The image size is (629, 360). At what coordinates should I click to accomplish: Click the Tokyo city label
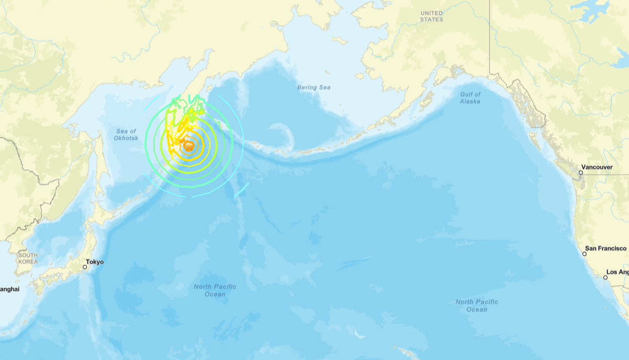[x=95, y=262]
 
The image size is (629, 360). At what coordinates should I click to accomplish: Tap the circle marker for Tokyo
[x=85, y=267]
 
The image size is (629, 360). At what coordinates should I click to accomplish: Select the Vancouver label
[x=597, y=167]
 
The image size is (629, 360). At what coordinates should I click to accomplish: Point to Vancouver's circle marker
[x=581, y=172]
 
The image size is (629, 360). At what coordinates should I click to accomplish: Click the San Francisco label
[x=605, y=248]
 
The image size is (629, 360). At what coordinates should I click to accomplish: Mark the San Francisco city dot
[x=584, y=254]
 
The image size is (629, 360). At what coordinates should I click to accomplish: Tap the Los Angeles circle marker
[x=605, y=277]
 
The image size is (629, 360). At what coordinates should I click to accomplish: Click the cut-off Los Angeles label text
[x=618, y=272]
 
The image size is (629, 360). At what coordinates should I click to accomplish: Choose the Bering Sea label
[x=314, y=88]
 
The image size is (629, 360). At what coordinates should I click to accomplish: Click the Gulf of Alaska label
[x=470, y=98]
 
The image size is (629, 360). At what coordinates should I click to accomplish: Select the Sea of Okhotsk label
[x=125, y=135]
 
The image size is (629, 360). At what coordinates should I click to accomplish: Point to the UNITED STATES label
[x=432, y=16]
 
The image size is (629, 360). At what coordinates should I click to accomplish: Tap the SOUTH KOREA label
[x=28, y=258]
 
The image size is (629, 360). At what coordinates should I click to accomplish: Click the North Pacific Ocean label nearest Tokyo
[x=215, y=290]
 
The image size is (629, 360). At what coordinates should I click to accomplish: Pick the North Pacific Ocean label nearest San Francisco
[x=477, y=306]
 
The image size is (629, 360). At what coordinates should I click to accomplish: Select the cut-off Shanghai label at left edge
[x=9, y=289]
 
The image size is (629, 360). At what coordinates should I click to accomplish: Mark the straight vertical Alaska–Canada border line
[x=490, y=37]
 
